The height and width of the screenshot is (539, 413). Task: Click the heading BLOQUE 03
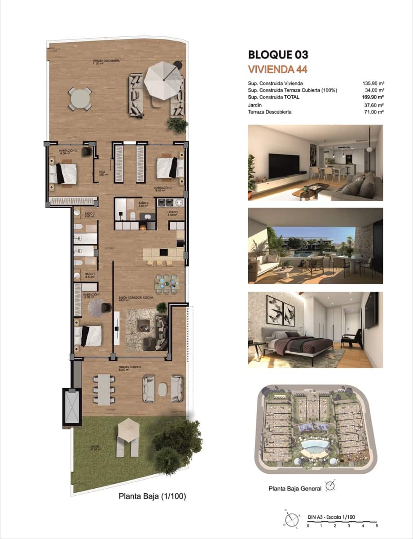click(x=278, y=55)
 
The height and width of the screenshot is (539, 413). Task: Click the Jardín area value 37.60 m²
click(x=373, y=106)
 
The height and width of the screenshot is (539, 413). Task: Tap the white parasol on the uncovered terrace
click(x=163, y=77)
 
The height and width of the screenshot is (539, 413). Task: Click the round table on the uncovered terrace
click(x=80, y=98)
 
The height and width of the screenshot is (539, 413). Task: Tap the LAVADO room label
click(x=172, y=212)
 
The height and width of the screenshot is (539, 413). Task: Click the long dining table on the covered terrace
click(x=104, y=389)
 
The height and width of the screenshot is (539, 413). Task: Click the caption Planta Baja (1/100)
click(x=152, y=496)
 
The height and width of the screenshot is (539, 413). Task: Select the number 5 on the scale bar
click(x=377, y=525)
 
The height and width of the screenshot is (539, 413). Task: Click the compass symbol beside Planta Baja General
click(x=330, y=486)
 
